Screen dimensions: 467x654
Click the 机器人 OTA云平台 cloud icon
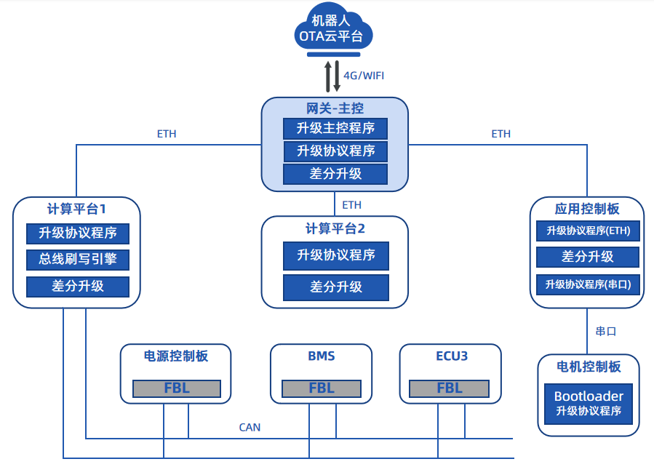pyautogui.click(x=335, y=30)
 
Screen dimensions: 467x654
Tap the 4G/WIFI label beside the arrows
pyautogui.click(x=364, y=76)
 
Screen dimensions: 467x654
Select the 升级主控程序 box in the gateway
pyautogui.click(x=335, y=129)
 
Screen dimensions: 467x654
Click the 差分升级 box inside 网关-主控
pyautogui.click(x=335, y=174)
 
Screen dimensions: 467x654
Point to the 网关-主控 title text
pyautogui.click(x=335, y=109)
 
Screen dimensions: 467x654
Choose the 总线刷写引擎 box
pyautogui.click(x=78, y=259)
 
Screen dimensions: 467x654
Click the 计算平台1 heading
pyautogui.click(x=76, y=209)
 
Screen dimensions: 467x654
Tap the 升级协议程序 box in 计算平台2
pyautogui.click(x=335, y=255)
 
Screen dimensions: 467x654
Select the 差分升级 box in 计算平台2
pyautogui.click(x=335, y=287)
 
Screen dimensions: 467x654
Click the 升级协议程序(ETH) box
pyautogui.click(x=588, y=231)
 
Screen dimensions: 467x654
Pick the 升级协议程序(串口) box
pyautogui.click(x=588, y=284)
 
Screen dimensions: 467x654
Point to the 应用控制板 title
pyautogui.click(x=587, y=209)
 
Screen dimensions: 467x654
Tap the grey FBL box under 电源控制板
pyautogui.click(x=176, y=388)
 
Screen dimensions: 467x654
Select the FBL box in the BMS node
pyautogui.click(x=321, y=388)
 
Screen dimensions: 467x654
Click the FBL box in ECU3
pyautogui.click(x=450, y=388)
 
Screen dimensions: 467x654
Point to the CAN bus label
pyautogui.click(x=250, y=427)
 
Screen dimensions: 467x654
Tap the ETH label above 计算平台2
pyautogui.click(x=351, y=205)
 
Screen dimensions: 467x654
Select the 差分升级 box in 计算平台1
pyautogui.click(x=78, y=286)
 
